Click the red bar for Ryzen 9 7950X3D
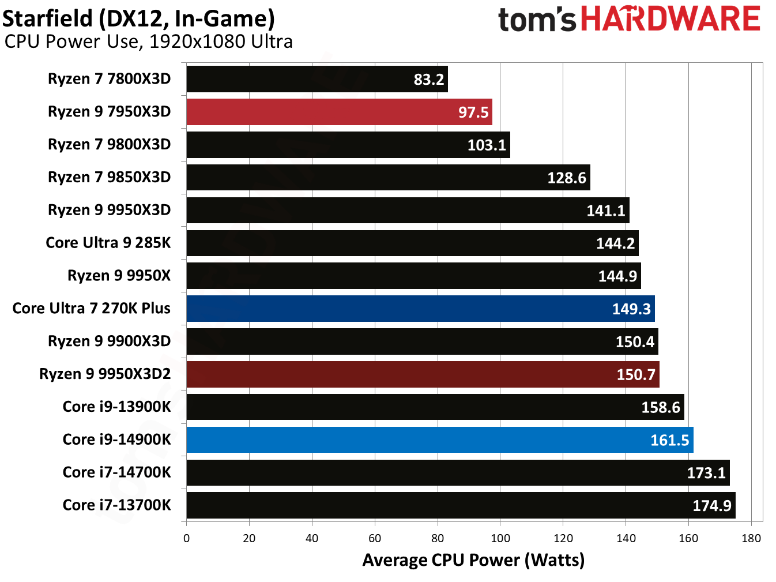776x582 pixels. tap(339, 112)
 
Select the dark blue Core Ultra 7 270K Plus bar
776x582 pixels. tap(420, 309)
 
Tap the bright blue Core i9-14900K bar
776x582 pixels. tap(439, 440)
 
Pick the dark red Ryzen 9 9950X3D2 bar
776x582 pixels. tap(423, 374)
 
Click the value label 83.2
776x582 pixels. tap(429, 80)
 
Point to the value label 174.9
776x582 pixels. tap(711, 506)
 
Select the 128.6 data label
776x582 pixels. tap(566, 178)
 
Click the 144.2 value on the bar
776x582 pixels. tap(615, 243)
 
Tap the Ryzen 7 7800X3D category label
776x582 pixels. tap(109, 79)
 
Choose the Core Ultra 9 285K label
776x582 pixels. tap(108, 243)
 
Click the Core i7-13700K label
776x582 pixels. tap(116, 505)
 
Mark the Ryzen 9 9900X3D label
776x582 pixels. tap(109, 341)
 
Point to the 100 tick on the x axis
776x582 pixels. tap(500, 539)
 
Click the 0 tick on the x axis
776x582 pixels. tap(186, 539)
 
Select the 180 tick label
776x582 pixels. tap(751, 539)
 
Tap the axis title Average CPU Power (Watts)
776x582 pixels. tap(473, 560)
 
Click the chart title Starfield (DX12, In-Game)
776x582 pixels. tap(138, 18)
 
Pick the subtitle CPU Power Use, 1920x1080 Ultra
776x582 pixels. tap(149, 42)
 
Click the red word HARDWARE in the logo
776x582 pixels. tap(670, 19)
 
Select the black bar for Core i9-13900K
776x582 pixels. tap(435, 407)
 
